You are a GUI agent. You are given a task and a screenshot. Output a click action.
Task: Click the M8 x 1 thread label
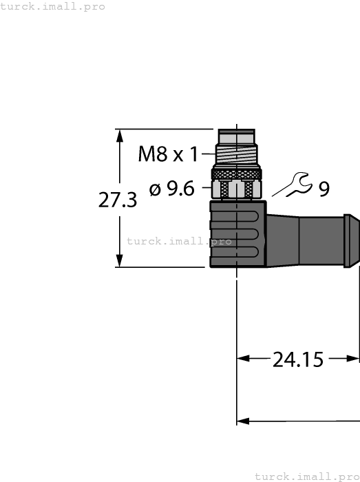[169, 154]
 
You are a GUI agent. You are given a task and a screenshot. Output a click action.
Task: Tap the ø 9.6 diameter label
[172, 188]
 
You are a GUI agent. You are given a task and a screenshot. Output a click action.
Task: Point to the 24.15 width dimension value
[298, 359]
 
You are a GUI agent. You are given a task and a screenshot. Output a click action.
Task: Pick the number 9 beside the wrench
[324, 188]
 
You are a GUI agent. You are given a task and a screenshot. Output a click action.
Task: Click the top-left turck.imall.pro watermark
[53, 7]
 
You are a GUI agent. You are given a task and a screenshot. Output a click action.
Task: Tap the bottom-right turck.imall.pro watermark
[307, 476]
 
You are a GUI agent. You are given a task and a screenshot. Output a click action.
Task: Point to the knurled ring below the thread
[237, 173]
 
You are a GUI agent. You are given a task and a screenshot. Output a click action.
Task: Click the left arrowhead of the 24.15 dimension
[243, 358]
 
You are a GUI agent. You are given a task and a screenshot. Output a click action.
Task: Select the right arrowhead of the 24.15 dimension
[355, 358]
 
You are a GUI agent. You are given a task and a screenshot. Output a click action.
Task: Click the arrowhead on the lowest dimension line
[243, 421]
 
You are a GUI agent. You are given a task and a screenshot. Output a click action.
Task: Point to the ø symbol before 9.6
[154, 188]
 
